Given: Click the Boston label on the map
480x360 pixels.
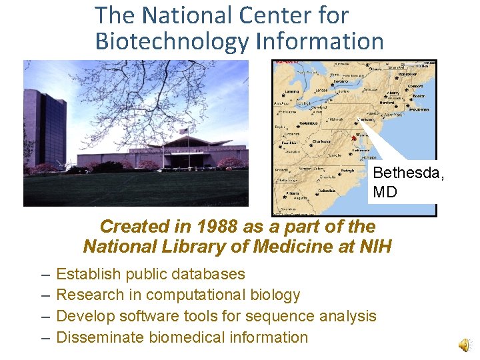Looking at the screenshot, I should pos(418,96).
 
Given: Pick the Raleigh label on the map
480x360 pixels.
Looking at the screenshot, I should pos(347,170).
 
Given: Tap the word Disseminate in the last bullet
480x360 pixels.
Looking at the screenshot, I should pos(99,337).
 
